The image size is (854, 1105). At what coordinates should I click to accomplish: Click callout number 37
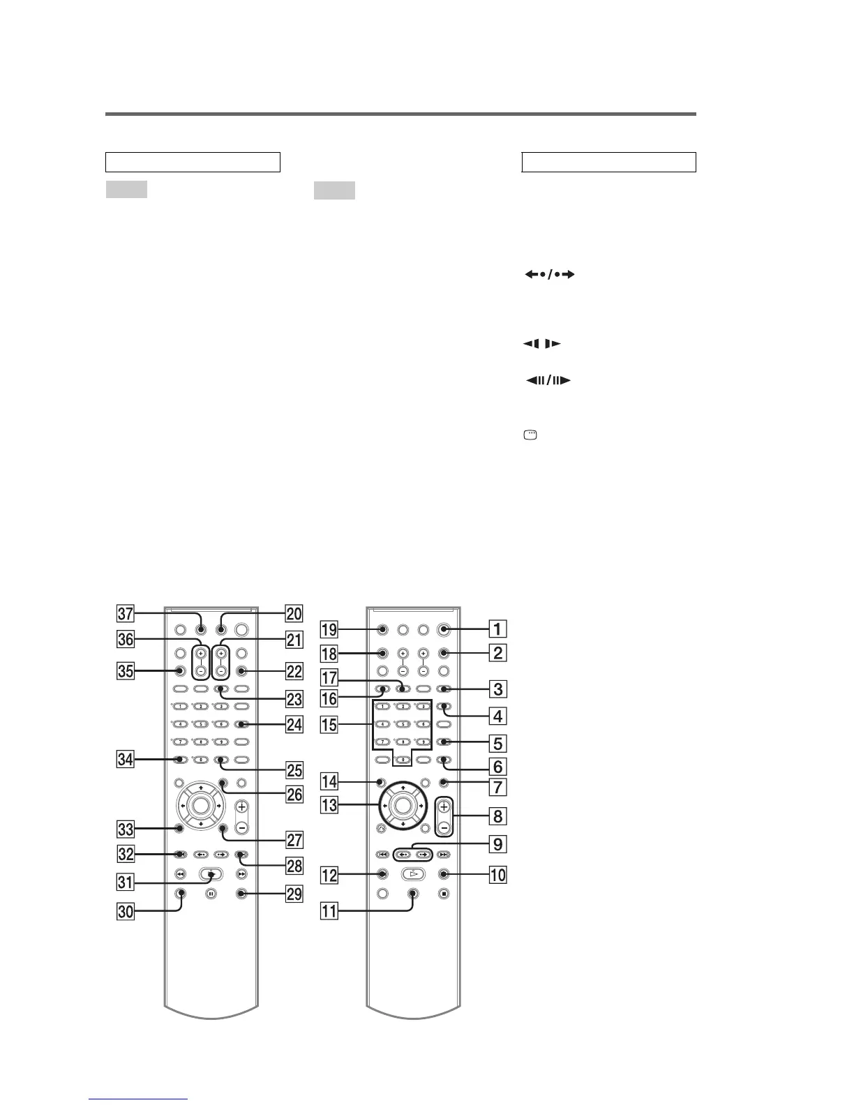[x=126, y=615]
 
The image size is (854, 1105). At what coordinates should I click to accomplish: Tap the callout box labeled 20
[x=294, y=615]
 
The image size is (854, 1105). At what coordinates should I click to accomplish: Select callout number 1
[x=497, y=629]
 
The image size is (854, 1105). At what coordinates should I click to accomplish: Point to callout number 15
[x=329, y=725]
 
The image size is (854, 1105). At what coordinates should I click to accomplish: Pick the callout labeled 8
[x=497, y=815]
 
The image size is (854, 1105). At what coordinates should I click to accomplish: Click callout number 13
[x=329, y=806]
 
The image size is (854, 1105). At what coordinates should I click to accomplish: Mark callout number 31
[x=126, y=882]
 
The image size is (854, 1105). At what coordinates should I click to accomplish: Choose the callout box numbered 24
[x=294, y=725]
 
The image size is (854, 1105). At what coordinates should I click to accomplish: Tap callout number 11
[x=329, y=910]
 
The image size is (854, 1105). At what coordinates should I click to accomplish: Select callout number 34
[x=126, y=759]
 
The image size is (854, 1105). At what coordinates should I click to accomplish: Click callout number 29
[x=294, y=894]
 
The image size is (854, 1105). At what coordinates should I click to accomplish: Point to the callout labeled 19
[x=329, y=629]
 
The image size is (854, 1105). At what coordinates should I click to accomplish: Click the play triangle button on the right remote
[x=412, y=873]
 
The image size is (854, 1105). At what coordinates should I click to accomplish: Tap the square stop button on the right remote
[x=444, y=893]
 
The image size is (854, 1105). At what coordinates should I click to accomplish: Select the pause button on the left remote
[x=211, y=893]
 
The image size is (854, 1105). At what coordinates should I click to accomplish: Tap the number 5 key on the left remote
[x=201, y=724]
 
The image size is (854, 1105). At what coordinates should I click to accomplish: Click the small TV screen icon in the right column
[x=531, y=435]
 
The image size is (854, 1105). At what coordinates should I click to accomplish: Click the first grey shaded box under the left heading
[x=126, y=189]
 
